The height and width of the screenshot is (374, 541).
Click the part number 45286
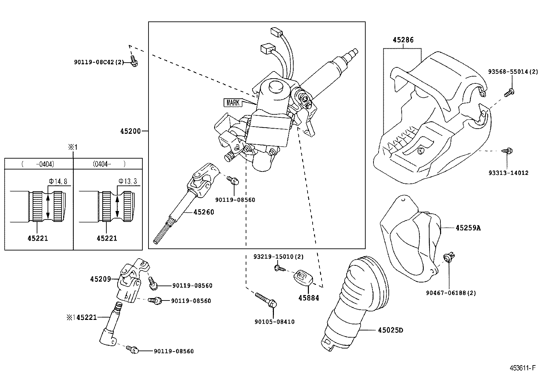point(403,40)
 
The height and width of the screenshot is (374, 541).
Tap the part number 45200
point(130,131)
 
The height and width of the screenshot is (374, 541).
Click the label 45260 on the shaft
point(204,212)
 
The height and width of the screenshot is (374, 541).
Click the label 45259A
point(468,228)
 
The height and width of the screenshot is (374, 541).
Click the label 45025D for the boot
point(390,330)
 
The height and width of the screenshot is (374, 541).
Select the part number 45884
point(309,298)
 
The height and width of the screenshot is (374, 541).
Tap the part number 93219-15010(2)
point(278,257)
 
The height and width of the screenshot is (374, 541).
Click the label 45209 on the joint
point(101,279)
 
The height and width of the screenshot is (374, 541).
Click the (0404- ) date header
point(109,164)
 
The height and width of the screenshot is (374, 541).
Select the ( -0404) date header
point(38,164)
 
